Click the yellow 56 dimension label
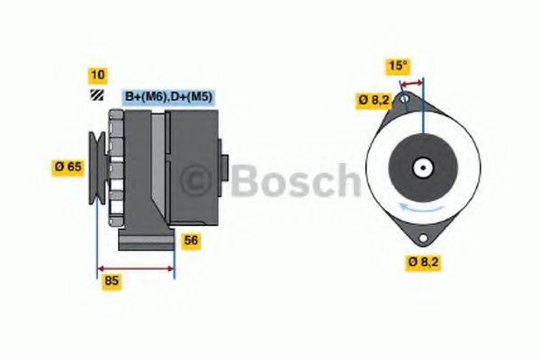tap(191, 240)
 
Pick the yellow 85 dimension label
tap(112, 281)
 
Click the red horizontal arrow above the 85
tap(136, 267)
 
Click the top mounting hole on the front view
tap(405, 98)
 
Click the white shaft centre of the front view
tap(422, 167)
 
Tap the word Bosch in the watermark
tap(294, 182)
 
